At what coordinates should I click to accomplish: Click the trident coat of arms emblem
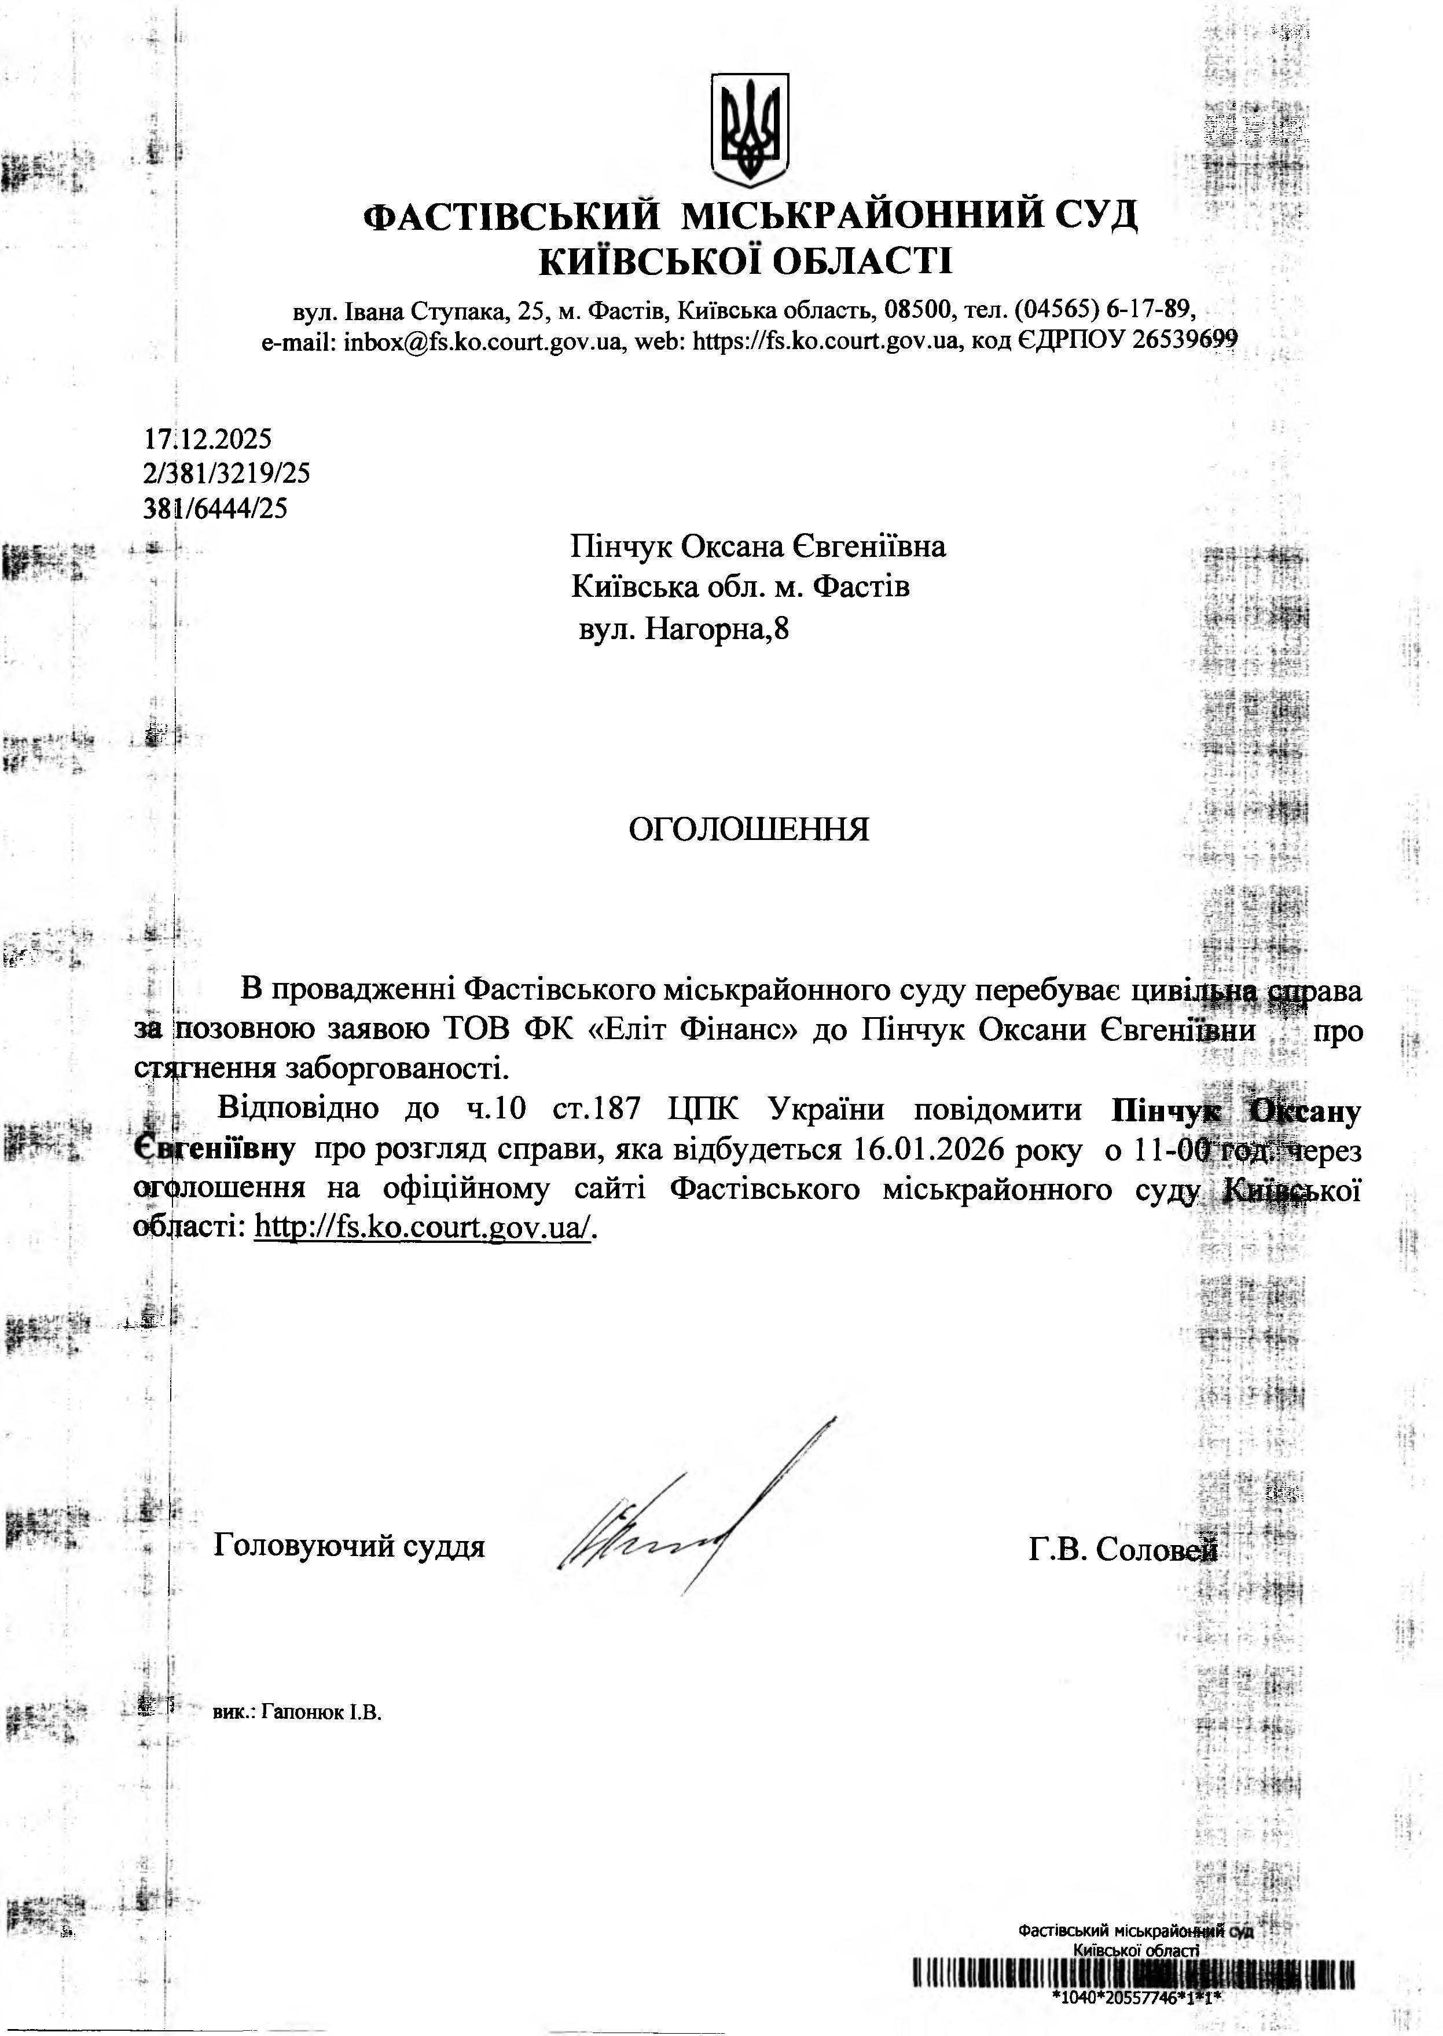749,130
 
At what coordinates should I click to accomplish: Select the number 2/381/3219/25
226,474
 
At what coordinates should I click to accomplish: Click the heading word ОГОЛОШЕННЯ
748,829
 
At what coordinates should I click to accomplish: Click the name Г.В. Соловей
1122,1549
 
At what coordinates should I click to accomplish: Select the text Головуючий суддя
349,1546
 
